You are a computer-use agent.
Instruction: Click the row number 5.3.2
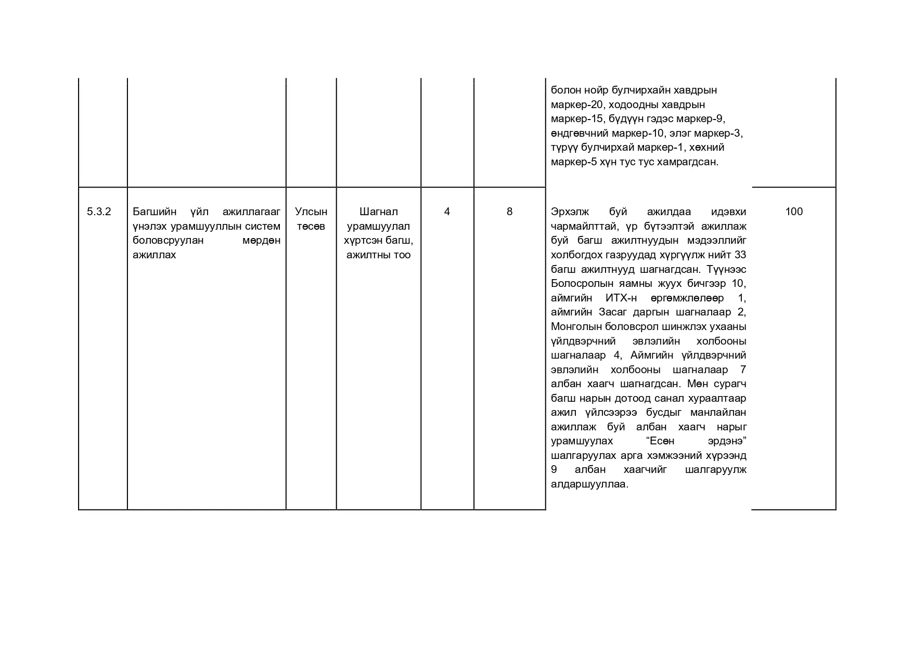tap(99, 212)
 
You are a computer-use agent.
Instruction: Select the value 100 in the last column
tap(793, 212)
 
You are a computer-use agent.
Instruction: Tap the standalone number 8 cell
tap(509, 212)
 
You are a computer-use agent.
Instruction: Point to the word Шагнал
tap(378, 212)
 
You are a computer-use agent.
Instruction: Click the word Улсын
tap(311, 212)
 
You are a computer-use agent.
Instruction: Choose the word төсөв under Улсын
tap(311, 226)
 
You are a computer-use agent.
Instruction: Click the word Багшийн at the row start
tap(155, 212)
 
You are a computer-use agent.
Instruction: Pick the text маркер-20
tap(574, 104)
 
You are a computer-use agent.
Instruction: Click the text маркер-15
tap(574, 119)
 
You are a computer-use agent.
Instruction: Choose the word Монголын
tap(573, 327)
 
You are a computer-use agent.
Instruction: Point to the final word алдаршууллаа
tap(589, 484)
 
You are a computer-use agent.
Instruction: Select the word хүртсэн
tap(362, 240)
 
